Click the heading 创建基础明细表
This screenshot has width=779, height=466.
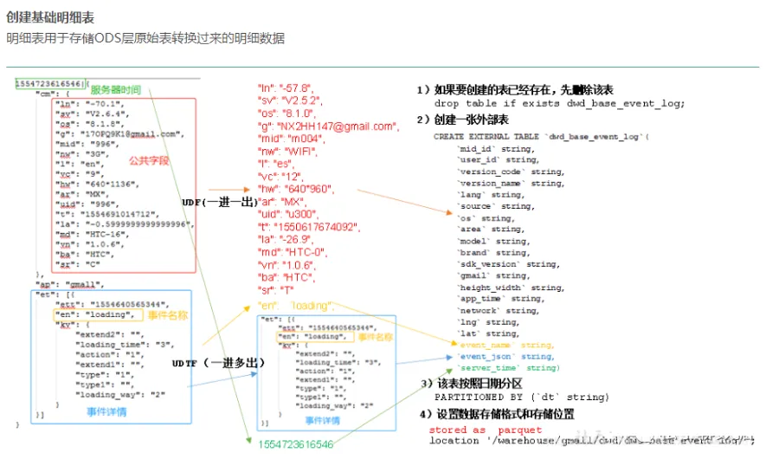tap(50, 16)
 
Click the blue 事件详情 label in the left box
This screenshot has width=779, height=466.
tap(106, 411)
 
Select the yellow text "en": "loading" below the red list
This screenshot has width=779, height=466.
tap(295, 306)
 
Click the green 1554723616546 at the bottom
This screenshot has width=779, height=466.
tap(293, 443)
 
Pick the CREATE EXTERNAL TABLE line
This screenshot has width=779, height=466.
tap(543, 137)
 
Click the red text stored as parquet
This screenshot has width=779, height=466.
tap(486, 430)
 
